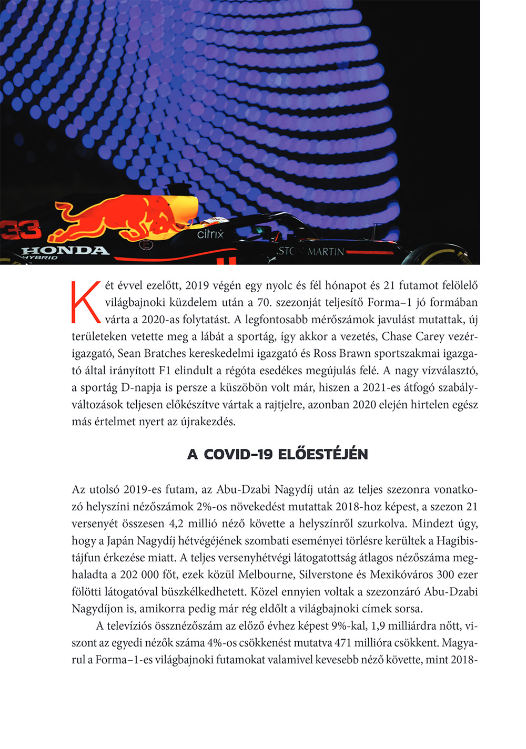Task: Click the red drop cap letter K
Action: [86, 302]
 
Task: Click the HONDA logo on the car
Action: [65, 250]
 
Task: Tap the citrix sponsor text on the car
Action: [210, 234]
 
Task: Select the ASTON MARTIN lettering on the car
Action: [310, 251]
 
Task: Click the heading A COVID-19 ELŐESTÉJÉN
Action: [277, 454]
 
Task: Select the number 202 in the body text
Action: [129, 574]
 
